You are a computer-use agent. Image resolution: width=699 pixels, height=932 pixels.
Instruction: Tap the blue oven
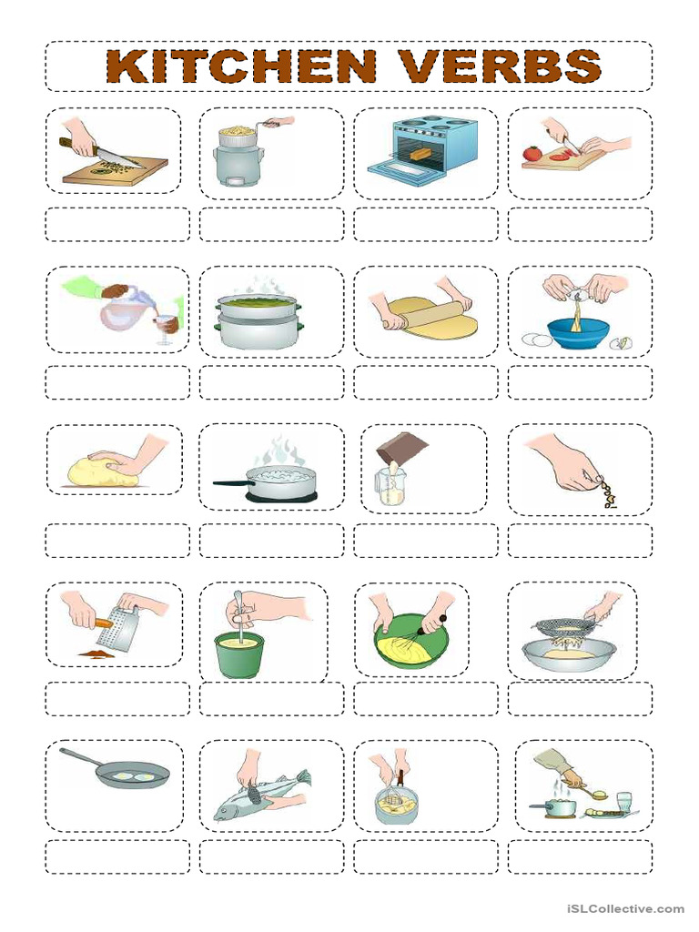click(x=423, y=151)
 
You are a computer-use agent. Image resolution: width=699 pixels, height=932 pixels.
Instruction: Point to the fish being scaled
click(x=260, y=792)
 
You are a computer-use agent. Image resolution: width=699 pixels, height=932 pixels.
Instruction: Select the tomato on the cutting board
click(x=532, y=153)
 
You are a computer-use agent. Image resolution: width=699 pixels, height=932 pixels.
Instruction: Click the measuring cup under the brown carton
click(x=390, y=487)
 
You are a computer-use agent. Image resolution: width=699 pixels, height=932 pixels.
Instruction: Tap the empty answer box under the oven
click(x=426, y=225)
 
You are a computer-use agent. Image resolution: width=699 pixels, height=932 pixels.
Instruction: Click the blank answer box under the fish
click(x=271, y=856)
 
